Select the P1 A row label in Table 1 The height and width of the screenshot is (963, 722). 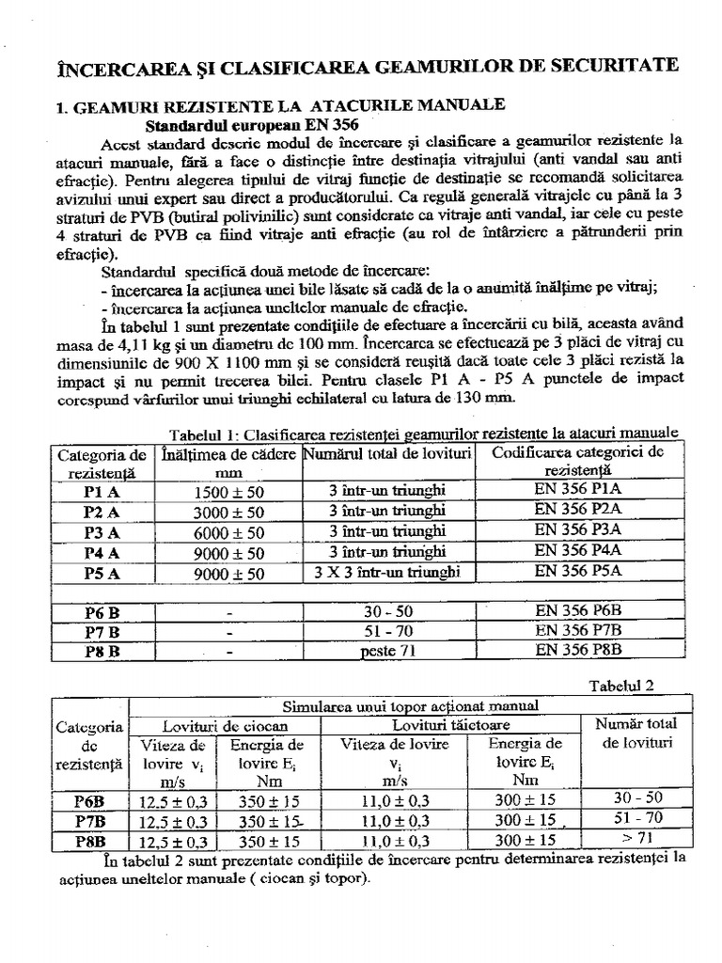(98, 492)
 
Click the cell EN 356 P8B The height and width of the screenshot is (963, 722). (578, 649)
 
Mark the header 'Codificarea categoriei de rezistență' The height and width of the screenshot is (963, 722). (578, 460)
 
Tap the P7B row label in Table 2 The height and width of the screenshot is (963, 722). (90, 819)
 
